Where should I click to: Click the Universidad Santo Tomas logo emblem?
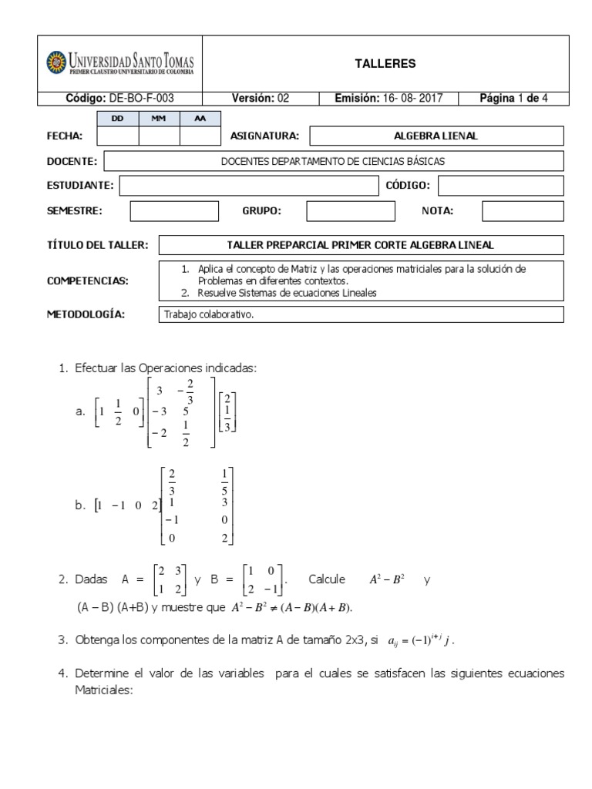(57, 62)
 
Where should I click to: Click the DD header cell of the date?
(118, 119)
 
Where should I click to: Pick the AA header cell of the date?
(200, 119)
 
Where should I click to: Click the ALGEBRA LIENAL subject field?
(436, 136)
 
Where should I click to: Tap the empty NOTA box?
(523, 211)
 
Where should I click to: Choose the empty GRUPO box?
(340, 211)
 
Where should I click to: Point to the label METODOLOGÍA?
(86, 314)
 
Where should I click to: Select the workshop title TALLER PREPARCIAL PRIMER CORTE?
(361, 245)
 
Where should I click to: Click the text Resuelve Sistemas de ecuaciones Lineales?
(283, 293)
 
